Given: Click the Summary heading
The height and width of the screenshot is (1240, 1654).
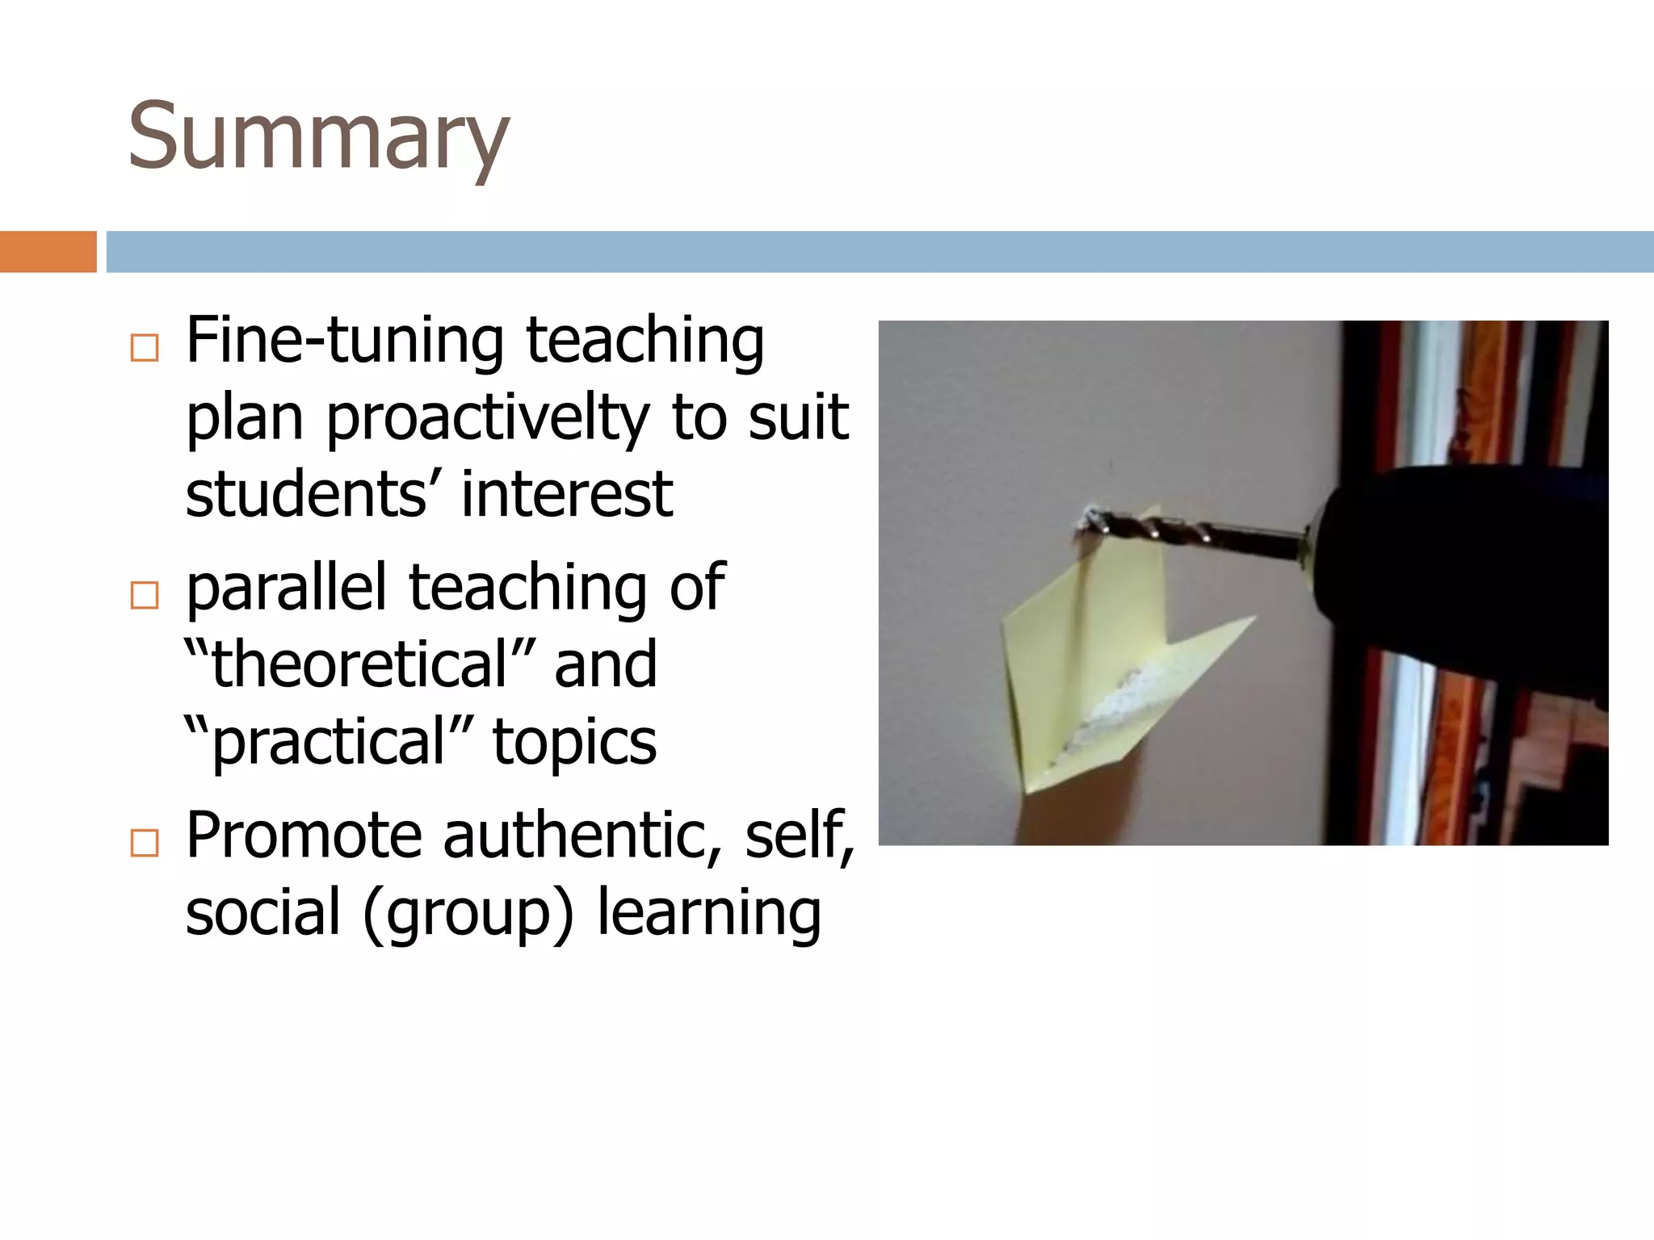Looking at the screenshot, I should [x=318, y=136].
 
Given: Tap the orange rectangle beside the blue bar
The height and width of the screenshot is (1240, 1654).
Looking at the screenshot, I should [x=48, y=252].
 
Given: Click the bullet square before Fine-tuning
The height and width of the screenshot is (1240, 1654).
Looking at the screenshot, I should [x=145, y=348].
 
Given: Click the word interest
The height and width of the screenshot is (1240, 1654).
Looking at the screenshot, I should [x=567, y=494].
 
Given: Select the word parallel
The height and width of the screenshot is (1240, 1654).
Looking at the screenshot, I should [x=286, y=587].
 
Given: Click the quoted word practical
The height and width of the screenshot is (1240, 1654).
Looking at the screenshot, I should [x=328, y=742].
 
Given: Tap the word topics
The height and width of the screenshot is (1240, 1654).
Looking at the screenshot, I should [x=574, y=742].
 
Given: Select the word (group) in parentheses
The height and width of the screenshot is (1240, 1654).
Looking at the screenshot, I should [x=468, y=912].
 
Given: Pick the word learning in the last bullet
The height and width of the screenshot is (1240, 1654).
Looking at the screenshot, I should [x=708, y=912].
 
